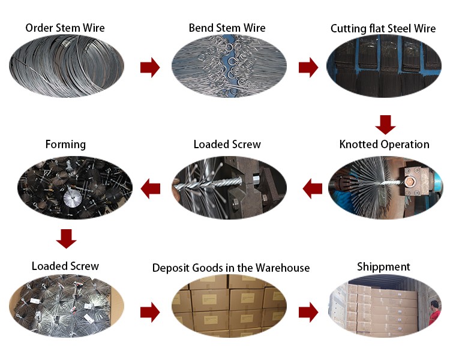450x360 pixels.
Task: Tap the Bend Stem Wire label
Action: coord(227,28)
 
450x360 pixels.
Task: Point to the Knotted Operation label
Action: coord(384,144)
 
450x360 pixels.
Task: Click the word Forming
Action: coord(65,144)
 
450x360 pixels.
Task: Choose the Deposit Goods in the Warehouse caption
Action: coord(231,268)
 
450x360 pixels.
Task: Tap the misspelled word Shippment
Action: coord(383,266)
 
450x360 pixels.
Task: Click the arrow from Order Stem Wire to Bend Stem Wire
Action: coord(150,68)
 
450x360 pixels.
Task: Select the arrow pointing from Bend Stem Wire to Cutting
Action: coord(308,68)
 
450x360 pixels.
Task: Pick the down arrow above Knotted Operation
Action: coord(385,124)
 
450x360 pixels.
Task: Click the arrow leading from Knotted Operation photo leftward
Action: coord(313,189)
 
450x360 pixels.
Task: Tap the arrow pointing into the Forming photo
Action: coord(150,189)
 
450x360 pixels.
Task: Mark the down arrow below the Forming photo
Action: coord(66,238)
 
